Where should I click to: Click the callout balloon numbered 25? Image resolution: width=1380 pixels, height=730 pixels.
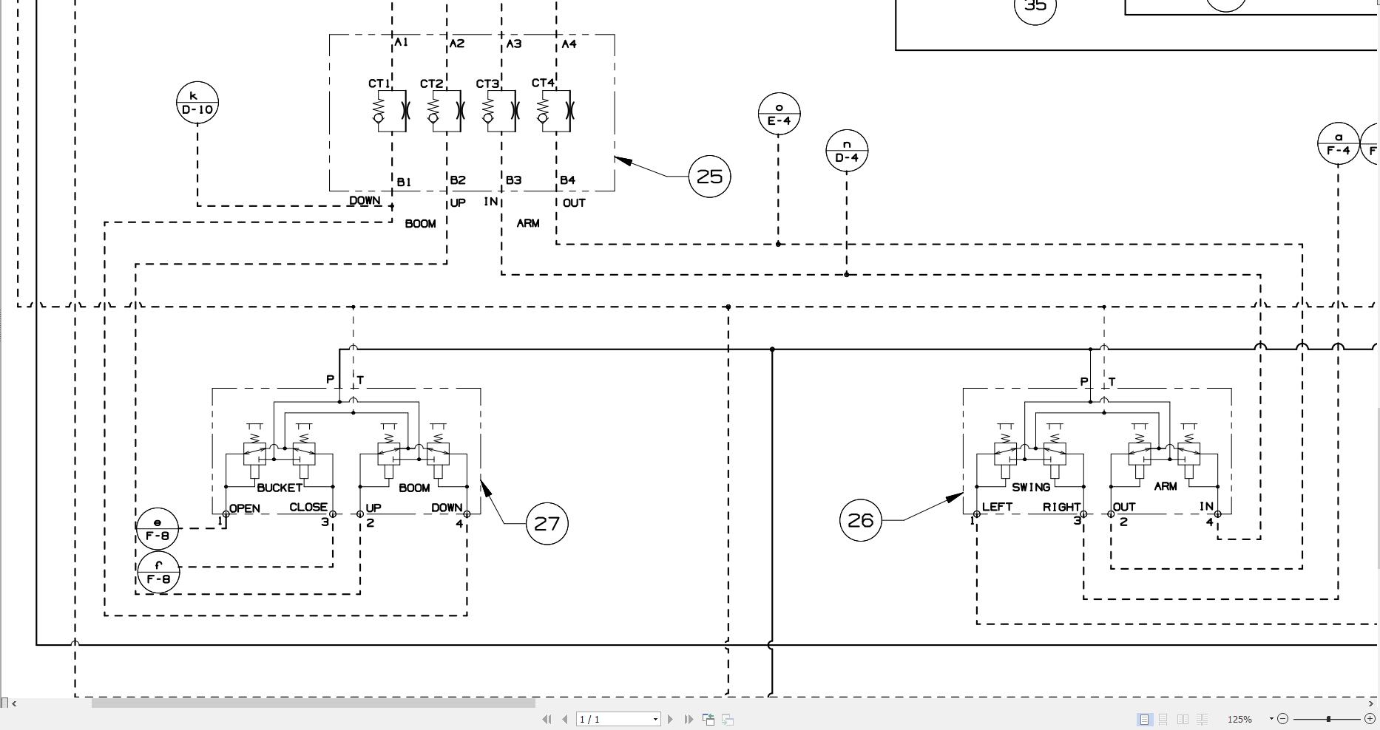(x=709, y=177)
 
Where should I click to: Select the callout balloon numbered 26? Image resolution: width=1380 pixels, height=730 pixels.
(x=860, y=520)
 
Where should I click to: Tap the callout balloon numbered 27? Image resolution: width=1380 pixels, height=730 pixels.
(x=547, y=524)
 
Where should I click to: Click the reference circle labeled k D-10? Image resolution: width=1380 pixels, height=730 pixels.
(x=197, y=102)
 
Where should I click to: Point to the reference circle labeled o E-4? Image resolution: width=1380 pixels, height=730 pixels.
(x=779, y=114)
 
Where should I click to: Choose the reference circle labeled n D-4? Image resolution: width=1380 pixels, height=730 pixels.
(x=846, y=151)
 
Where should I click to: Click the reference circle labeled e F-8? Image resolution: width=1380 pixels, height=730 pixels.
(x=158, y=529)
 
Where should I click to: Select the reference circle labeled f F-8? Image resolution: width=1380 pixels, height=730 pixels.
(x=158, y=572)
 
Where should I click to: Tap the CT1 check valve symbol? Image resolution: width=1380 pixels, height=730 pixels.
(x=390, y=111)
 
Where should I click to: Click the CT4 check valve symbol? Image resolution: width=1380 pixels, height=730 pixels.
(x=555, y=111)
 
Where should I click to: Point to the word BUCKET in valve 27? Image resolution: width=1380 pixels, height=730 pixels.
(x=279, y=488)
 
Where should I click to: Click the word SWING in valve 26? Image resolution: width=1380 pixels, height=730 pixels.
(x=1030, y=487)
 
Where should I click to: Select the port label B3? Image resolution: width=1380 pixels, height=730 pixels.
(x=513, y=180)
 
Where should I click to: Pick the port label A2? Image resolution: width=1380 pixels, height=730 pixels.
(x=457, y=44)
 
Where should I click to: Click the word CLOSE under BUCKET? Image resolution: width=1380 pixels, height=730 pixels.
(x=308, y=508)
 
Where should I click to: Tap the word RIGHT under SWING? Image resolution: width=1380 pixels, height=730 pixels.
(x=1061, y=507)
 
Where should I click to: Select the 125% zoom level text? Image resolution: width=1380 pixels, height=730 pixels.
(x=1239, y=719)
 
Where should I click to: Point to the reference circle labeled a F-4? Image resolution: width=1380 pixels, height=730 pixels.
(x=1338, y=143)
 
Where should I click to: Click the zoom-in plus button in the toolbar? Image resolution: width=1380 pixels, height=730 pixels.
(x=1370, y=718)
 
